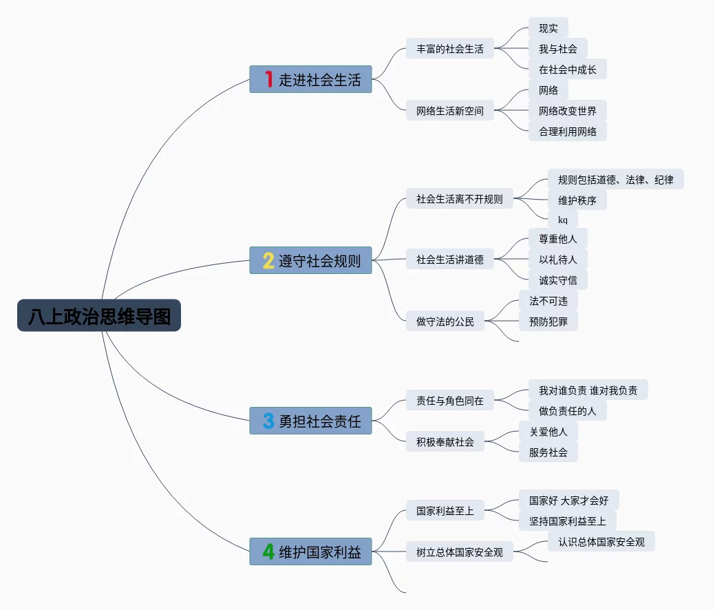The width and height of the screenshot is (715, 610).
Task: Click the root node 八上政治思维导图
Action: pyautogui.click(x=99, y=315)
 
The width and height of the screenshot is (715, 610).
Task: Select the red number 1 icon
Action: pyautogui.click(x=269, y=79)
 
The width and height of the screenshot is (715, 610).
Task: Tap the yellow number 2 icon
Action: pyautogui.click(x=268, y=260)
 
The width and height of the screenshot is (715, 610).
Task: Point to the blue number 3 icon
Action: pyautogui.click(x=268, y=421)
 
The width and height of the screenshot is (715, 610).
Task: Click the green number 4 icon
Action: pyautogui.click(x=268, y=551)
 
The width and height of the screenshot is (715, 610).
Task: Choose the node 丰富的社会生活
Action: pyautogui.click(x=450, y=48)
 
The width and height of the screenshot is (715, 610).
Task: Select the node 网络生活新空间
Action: pyautogui.click(x=450, y=110)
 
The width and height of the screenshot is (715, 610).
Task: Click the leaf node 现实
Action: pyautogui.click(x=548, y=28)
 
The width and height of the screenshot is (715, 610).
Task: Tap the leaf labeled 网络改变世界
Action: pyautogui.click(x=568, y=110)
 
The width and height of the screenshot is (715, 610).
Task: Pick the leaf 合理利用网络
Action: pyautogui.click(x=568, y=132)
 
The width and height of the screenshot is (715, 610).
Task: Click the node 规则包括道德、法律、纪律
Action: pyautogui.click(x=616, y=179)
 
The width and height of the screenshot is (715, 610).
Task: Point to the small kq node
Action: pyautogui.click(x=563, y=220)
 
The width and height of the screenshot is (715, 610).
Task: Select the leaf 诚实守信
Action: pyautogui.click(x=557, y=280)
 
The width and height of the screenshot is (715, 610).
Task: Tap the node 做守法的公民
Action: pyautogui.click(x=445, y=322)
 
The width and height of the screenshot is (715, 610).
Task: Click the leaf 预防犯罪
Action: pyautogui.click(x=548, y=322)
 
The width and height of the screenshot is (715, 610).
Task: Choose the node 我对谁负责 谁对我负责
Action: pyautogui.click(x=588, y=390)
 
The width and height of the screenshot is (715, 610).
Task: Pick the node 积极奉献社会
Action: pyautogui.click(x=445, y=441)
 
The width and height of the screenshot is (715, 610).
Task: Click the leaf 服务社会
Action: pyautogui.click(x=548, y=452)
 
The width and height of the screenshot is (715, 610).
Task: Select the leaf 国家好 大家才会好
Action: pyautogui.click(x=568, y=500)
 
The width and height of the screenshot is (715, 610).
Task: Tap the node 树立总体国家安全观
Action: pyautogui.click(x=460, y=552)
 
